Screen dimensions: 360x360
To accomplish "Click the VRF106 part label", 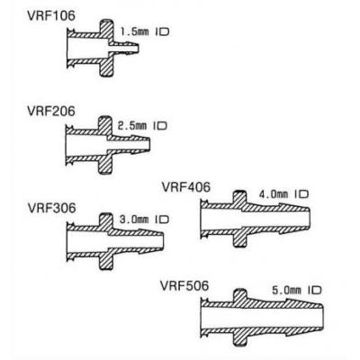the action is click(51, 16).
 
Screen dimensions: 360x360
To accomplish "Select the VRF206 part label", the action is click(51, 112).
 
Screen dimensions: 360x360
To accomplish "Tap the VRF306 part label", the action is click(51, 208).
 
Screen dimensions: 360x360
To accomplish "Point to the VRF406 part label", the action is click(186, 187).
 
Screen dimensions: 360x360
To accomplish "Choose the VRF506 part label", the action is click(184, 285).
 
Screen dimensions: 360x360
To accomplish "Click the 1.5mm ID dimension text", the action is click(145, 31).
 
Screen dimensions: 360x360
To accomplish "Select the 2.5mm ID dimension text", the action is click(142, 125).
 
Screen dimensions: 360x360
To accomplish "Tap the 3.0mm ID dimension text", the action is click(144, 220).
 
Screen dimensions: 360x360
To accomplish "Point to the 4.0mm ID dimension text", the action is click(283, 194).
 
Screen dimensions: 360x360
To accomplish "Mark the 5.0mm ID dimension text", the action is click(297, 290).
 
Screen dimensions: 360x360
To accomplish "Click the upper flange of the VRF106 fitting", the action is click(106, 30).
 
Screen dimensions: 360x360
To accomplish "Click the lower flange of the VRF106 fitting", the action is click(106, 66).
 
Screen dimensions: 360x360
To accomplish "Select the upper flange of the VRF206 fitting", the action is click(105, 126).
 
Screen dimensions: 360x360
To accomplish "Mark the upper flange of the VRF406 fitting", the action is click(239, 201).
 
